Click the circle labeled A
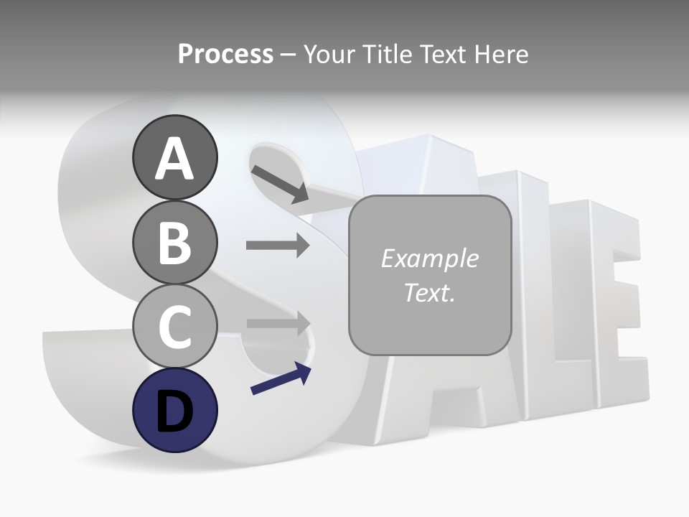click(x=174, y=157)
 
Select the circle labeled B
click(x=174, y=242)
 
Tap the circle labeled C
click(x=174, y=326)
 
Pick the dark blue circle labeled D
click(x=174, y=410)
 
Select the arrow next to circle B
click(x=278, y=246)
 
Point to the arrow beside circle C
click(x=278, y=324)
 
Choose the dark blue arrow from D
click(x=281, y=379)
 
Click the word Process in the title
click(x=225, y=54)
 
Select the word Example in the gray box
click(x=429, y=258)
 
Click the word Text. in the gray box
click(x=429, y=293)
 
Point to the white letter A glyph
click(x=174, y=159)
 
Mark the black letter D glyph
click(x=174, y=411)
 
